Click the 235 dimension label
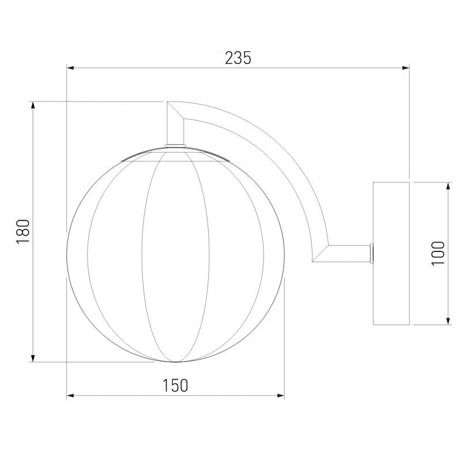[238, 58]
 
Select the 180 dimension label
[23, 232]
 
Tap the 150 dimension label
[175, 385]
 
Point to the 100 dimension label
[438, 254]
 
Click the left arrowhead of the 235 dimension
[70, 68]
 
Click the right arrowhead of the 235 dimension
[406, 68]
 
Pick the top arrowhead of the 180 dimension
[33, 105]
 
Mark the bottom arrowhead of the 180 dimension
[33, 358]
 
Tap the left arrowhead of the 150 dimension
[70, 396]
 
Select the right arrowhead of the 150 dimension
[281, 396]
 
